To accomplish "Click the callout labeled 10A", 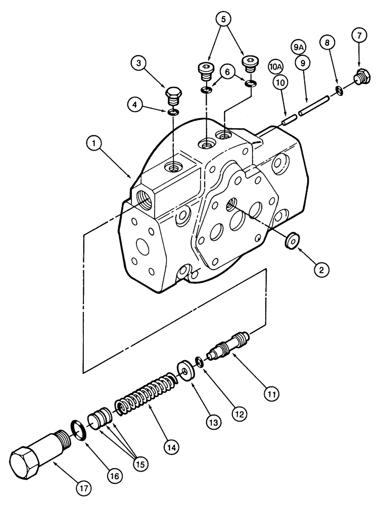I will click(x=276, y=67).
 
